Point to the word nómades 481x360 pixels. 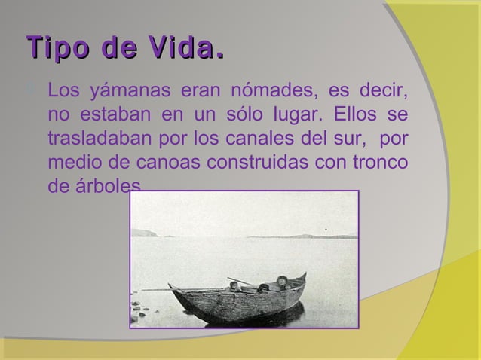(259, 94)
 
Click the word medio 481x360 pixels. (72, 162)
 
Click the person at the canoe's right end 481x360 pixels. (283, 282)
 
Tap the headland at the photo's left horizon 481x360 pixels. (144, 233)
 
